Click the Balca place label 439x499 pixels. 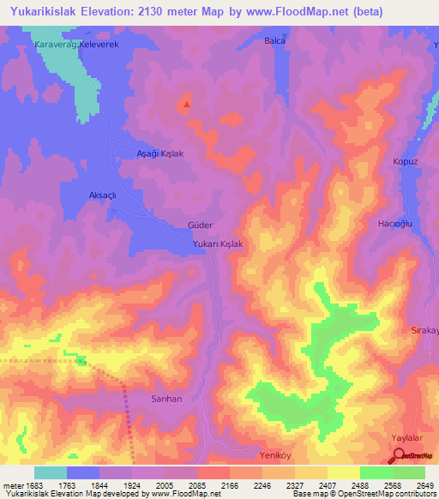point(274,40)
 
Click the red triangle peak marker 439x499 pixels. point(187,105)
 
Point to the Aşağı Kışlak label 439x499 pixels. point(161,152)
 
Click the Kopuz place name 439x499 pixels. point(405,161)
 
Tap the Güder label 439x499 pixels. point(199,225)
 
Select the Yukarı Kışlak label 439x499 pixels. point(219,244)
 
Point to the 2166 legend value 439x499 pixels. point(228,484)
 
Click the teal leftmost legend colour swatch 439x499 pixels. point(51,472)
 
